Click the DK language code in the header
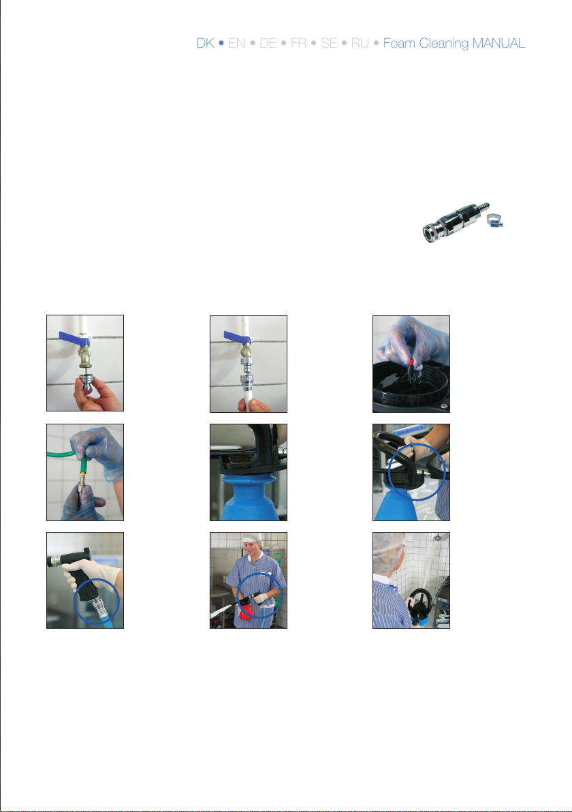click(x=206, y=43)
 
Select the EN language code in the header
click(x=236, y=43)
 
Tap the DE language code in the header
click(x=268, y=43)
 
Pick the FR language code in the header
click(x=298, y=43)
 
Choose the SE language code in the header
click(x=329, y=43)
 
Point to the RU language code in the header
click(x=360, y=43)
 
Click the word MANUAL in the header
click(x=498, y=43)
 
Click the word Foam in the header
click(x=399, y=43)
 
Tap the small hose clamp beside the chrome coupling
click(x=495, y=221)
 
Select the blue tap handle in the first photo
click(x=74, y=338)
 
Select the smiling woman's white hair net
click(x=253, y=540)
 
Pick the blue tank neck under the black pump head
click(x=249, y=498)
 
